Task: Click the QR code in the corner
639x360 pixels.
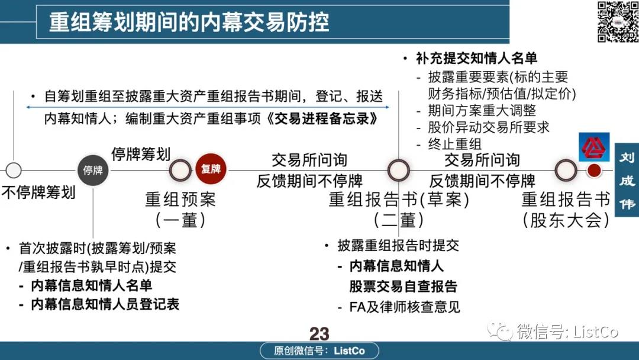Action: tap(618, 21)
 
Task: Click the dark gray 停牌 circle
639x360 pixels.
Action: tap(93, 171)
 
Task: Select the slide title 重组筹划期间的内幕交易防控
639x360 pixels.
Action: tap(189, 22)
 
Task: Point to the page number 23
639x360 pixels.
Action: tap(319, 334)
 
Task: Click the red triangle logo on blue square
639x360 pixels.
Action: tap(594, 147)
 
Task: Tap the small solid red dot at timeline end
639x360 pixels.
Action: tap(594, 171)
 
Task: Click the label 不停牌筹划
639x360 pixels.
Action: tap(38, 192)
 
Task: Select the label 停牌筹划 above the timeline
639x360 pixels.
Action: tap(141, 154)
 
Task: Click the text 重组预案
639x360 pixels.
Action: tap(180, 200)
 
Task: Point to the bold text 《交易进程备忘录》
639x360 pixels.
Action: tap(322, 118)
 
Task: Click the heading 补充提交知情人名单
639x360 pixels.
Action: tap(476, 58)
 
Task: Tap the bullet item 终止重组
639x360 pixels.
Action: tap(454, 144)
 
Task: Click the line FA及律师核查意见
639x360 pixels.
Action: tap(404, 307)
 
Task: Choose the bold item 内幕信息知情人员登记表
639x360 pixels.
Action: tap(105, 304)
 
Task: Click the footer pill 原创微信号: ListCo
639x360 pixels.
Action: tap(319, 351)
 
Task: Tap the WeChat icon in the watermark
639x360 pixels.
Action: tap(499, 330)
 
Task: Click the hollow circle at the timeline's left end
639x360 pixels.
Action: tap(14, 170)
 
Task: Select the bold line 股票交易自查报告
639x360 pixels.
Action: tap(403, 286)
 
